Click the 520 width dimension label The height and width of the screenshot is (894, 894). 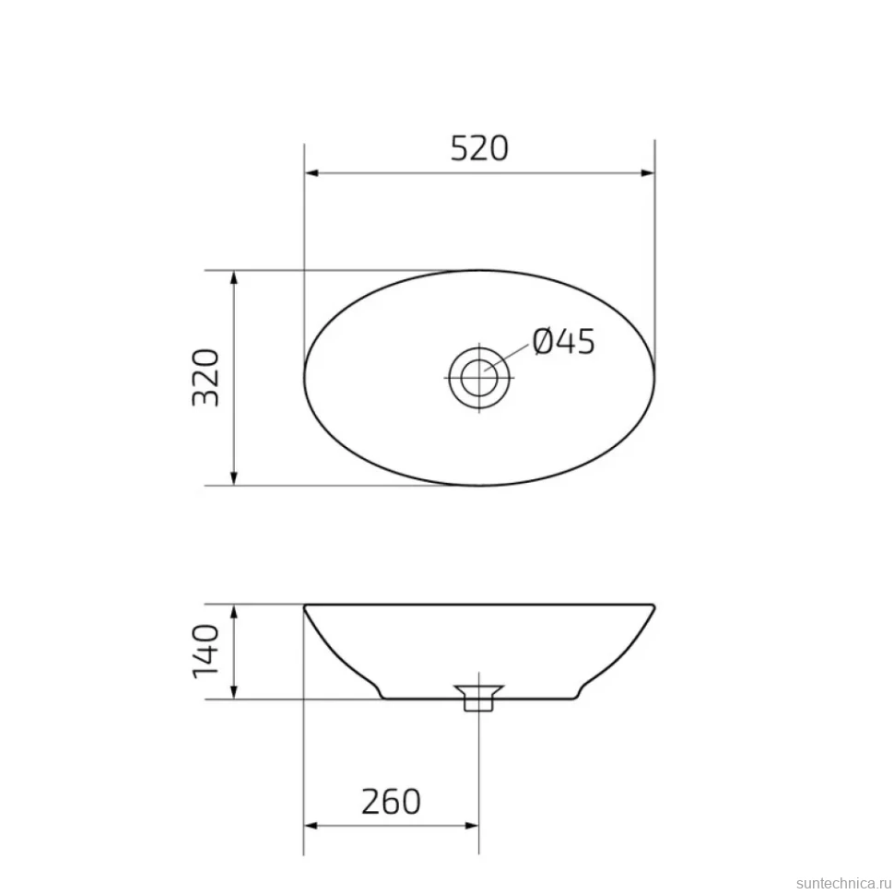[479, 148]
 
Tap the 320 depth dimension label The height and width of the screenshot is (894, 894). [206, 378]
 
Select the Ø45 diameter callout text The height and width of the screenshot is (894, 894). [563, 342]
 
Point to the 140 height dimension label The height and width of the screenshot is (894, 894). [206, 651]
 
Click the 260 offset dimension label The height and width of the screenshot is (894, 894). [391, 802]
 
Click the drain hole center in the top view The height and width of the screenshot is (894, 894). [479, 378]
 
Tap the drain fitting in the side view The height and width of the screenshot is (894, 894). [479, 698]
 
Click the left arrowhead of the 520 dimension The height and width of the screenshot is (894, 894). [312, 172]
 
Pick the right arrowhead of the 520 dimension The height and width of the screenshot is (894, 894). [648, 172]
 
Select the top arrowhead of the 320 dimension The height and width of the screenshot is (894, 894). [233, 277]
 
